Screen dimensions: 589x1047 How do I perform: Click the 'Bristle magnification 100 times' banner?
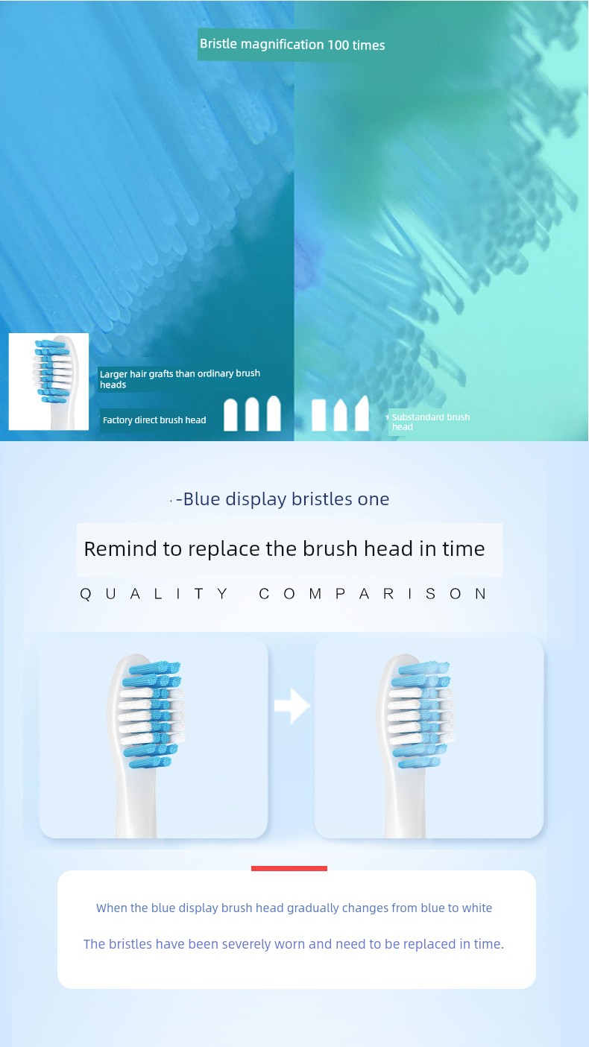pyautogui.click(x=292, y=45)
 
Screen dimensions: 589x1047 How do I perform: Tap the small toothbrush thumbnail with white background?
pyautogui.click(x=48, y=382)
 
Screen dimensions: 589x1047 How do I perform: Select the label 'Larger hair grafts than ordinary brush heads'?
pyautogui.click(x=180, y=379)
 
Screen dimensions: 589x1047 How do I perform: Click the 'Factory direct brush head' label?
pyautogui.click(x=154, y=420)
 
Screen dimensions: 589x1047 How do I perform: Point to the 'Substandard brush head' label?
pyautogui.click(x=430, y=422)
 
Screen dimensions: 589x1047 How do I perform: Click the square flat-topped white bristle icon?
pyautogui.click(x=319, y=415)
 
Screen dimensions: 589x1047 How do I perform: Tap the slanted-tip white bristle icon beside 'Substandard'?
pyautogui.click(x=362, y=413)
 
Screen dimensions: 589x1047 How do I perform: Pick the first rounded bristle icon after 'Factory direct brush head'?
pyautogui.click(x=230, y=415)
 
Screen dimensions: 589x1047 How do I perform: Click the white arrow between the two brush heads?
pyautogui.click(x=292, y=706)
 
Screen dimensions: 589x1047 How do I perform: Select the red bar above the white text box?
pyautogui.click(x=289, y=868)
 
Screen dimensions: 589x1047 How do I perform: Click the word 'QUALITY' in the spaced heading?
pyautogui.click(x=154, y=594)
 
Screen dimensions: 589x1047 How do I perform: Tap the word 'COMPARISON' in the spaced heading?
pyautogui.click(x=373, y=594)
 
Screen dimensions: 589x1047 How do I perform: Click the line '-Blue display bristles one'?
pyautogui.click(x=283, y=499)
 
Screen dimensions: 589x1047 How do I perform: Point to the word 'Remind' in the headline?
pyautogui.click(x=120, y=548)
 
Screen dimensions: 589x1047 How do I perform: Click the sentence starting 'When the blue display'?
pyautogui.click(x=294, y=908)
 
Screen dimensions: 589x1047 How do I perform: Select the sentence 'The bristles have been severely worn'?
pyautogui.click(x=294, y=943)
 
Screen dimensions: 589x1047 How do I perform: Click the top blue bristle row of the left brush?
pyautogui.click(x=155, y=668)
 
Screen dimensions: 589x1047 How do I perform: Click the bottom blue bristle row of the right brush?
pyautogui.click(x=419, y=763)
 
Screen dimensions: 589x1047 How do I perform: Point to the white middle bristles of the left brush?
pyautogui.click(x=136, y=715)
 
